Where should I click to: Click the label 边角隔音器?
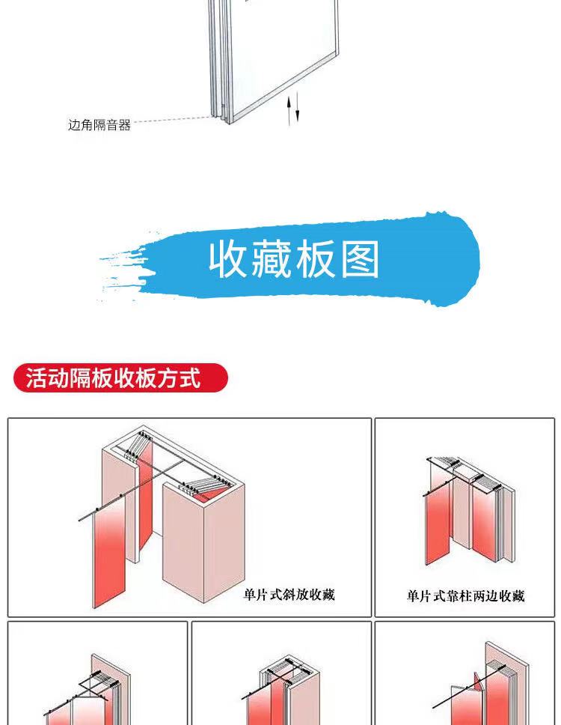[x=99, y=125]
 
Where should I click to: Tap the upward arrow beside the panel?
[x=289, y=110]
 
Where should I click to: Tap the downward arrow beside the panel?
[x=297, y=107]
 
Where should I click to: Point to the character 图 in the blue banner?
[x=360, y=259]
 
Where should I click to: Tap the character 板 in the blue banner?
[x=316, y=259]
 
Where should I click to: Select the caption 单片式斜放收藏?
[x=289, y=594]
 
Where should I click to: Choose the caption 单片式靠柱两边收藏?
[x=465, y=595]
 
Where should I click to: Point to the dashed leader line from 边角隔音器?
[x=174, y=119]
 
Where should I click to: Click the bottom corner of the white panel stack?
[x=229, y=123]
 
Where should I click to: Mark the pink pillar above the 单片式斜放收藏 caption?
[x=203, y=539]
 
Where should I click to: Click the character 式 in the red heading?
[x=190, y=377]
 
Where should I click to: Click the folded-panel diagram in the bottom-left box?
[x=88, y=690]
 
